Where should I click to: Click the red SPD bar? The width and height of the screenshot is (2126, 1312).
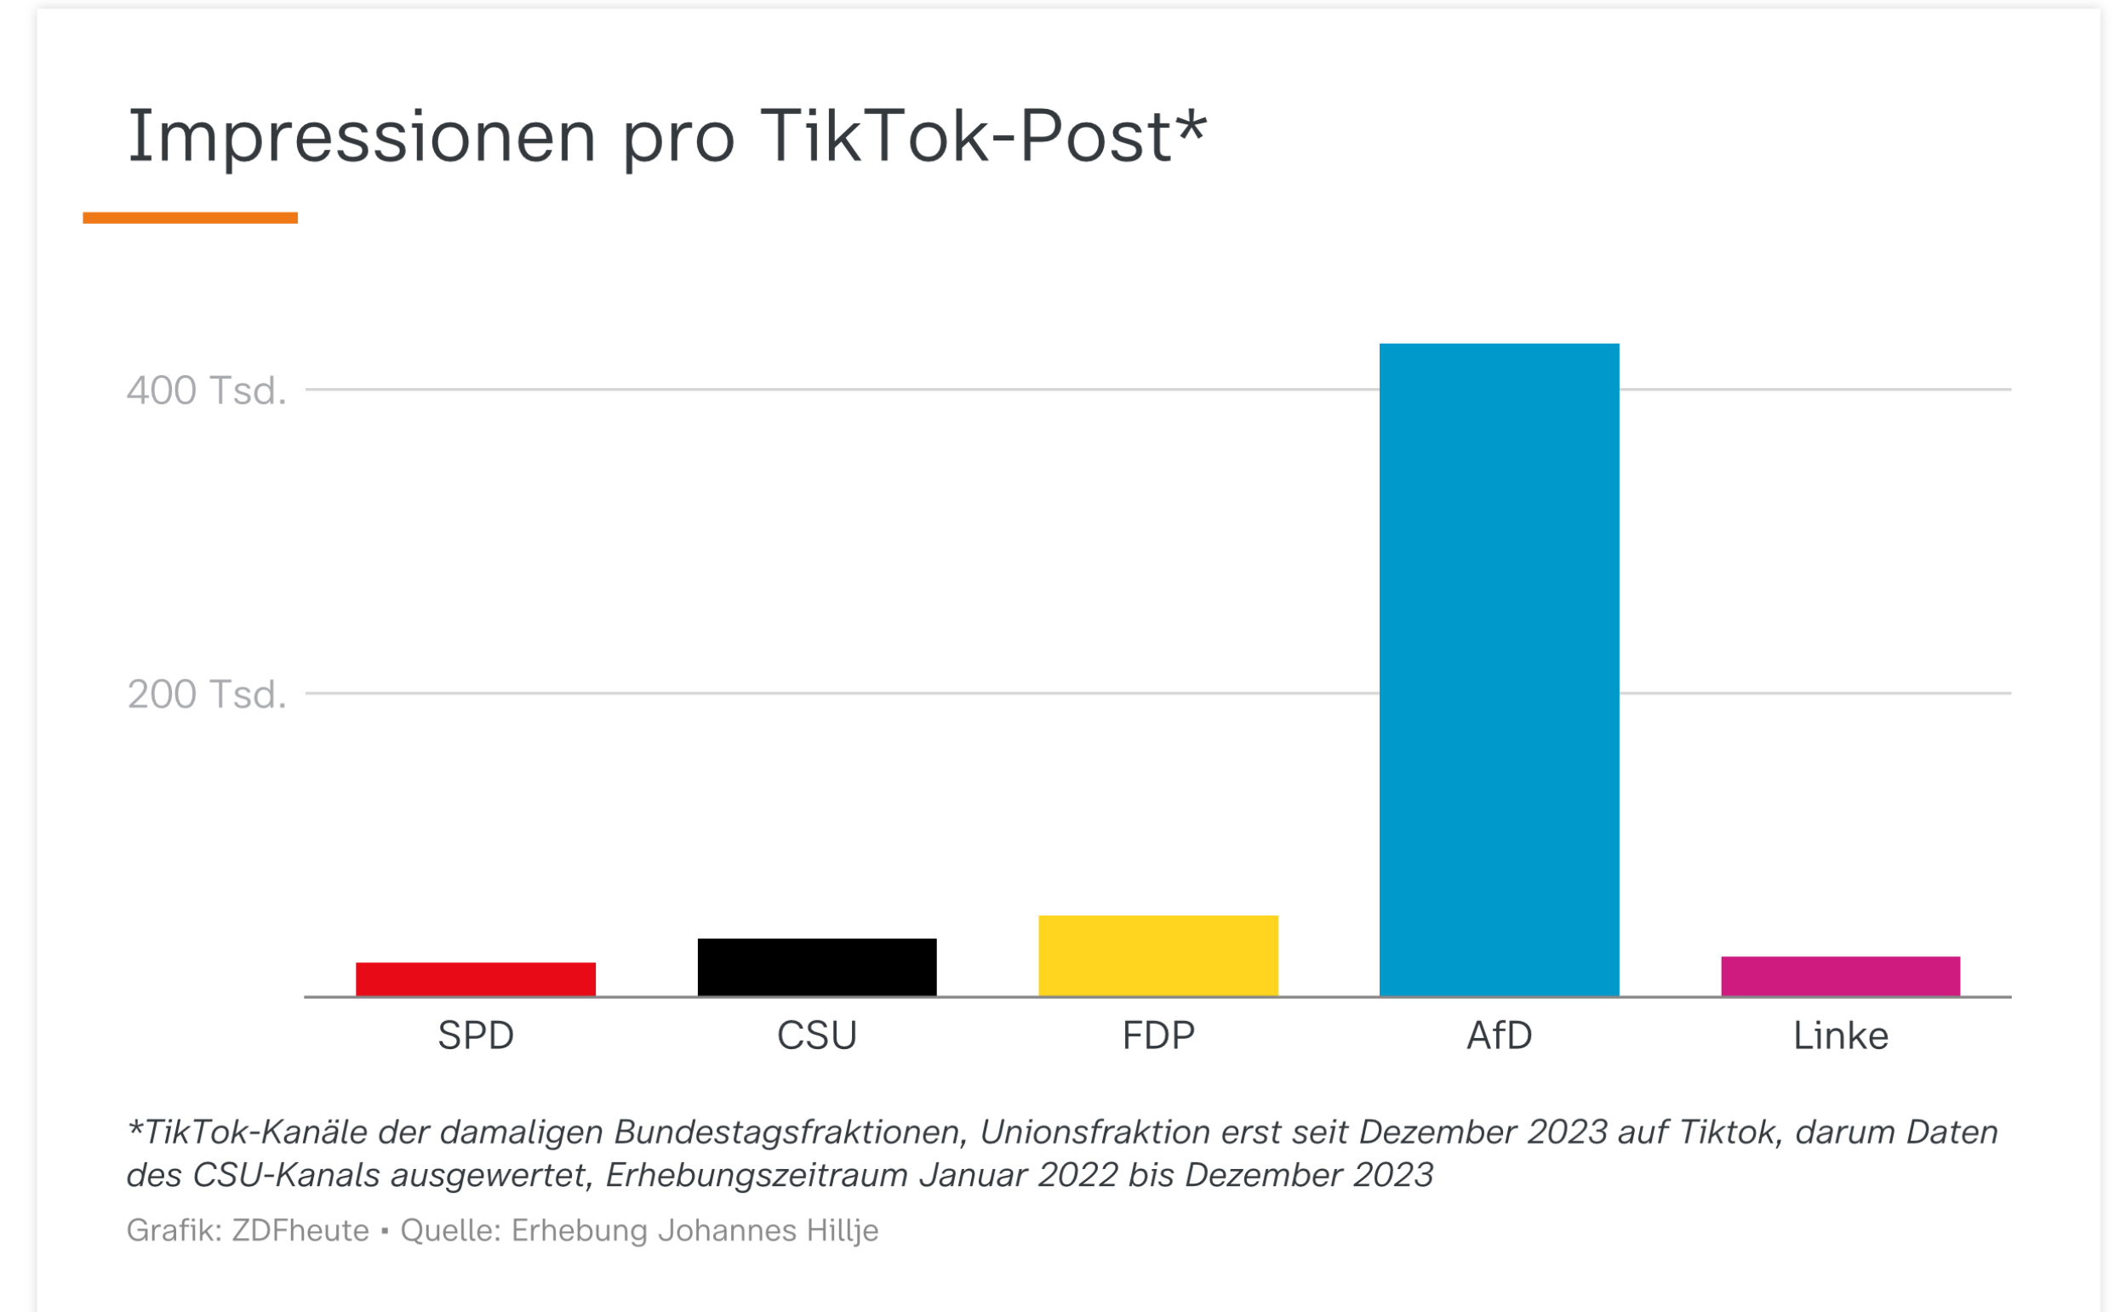click(x=476, y=978)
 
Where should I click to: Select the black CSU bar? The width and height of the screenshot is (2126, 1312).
click(x=816, y=967)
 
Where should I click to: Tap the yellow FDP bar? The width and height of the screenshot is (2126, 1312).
click(x=1157, y=955)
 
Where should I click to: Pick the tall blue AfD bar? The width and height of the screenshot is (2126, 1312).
click(x=1499, y=669)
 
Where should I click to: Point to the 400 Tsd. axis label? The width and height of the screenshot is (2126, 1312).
click(x=207, y=391)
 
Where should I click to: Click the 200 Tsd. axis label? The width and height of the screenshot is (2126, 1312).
click(x=207, y=694)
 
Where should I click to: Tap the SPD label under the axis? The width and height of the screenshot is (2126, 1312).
click(x=476, y=1035)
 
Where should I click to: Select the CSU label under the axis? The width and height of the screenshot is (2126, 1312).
click(x=816, y=1035)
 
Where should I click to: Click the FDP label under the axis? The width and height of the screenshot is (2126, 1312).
click(x=1157, y=1035)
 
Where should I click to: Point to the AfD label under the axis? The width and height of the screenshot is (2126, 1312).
click(x=1499, y=1035)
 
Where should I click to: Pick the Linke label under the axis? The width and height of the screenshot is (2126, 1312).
click(x=1840, y=1035)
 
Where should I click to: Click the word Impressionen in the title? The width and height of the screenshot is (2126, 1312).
click(x=362, y=137)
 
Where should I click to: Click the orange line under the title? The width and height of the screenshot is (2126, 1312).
click(x=190, y=218)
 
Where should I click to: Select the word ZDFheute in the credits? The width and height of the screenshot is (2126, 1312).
click(x=300, y=1230)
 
